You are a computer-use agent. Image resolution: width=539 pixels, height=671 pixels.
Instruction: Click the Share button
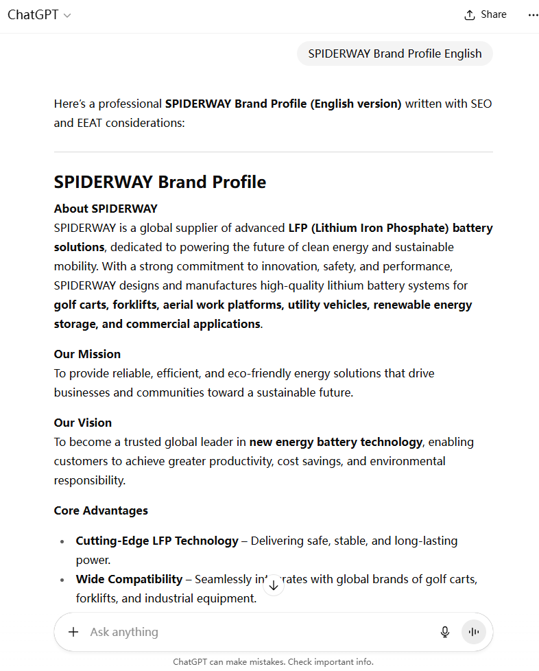tap(486, 14)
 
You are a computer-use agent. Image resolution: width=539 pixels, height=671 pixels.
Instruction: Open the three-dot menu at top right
tap(533, 15)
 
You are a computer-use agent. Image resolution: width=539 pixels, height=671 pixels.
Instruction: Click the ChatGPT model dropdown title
tap(39, 14)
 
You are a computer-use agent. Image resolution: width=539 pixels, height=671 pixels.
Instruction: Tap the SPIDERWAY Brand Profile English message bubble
tap(394, 54)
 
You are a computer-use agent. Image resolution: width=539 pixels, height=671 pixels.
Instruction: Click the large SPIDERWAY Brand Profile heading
tap(160, 182)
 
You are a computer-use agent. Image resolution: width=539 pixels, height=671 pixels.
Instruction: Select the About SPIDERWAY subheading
tap(106, 209)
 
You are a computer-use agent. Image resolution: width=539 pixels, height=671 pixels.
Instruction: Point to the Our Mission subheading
tap(87, 354)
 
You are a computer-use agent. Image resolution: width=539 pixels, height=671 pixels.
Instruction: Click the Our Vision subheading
tap(83, 423)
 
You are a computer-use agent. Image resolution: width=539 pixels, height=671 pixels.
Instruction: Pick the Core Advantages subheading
tap(101, 510)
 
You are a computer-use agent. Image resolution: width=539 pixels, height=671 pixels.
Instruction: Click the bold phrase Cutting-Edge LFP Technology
tap(157, 541)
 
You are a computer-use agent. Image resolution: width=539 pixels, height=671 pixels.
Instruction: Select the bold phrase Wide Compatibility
tap(129, 579)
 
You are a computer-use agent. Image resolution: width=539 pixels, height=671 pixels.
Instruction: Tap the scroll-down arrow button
tap(274, 585)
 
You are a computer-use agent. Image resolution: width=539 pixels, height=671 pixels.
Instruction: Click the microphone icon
tap(445, 632)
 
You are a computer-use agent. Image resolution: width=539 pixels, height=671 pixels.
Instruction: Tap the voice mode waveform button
tap(473, 632)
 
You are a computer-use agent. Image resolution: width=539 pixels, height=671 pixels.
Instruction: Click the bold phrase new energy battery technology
tap(335, 442)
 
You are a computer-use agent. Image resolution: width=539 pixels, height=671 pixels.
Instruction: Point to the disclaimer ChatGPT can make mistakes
tap(273, 662)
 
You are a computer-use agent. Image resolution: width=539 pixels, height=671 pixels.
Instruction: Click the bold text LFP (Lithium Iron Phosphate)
tap(368, 228)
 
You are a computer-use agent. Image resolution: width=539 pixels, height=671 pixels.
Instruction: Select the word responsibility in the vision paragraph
tap(90, 480)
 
